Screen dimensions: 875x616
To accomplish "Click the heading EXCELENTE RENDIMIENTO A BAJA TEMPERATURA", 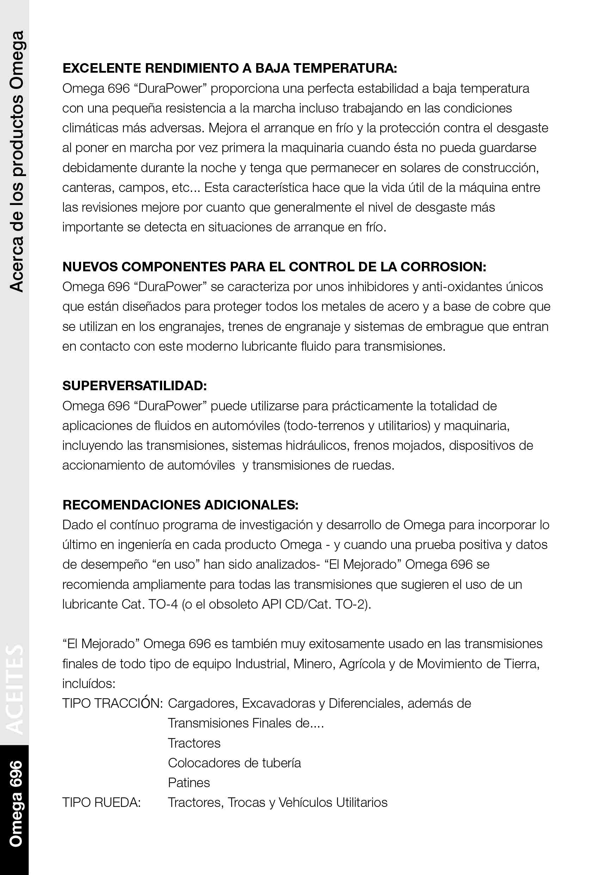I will pyautogui.click(x=229, y=68).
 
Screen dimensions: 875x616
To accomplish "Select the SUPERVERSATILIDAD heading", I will pyautogui.click(x=134, y=386).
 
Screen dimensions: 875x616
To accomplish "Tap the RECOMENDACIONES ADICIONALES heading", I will pyautogui.click(x=180, y=505).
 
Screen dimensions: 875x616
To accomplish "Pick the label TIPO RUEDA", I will pyautogui.click(x=101, y=803).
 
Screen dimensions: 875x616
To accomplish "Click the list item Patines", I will pyautogui.click(x=189, y=783).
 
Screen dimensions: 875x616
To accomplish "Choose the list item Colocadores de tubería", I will pyautogui.click(x=234, y=763).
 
